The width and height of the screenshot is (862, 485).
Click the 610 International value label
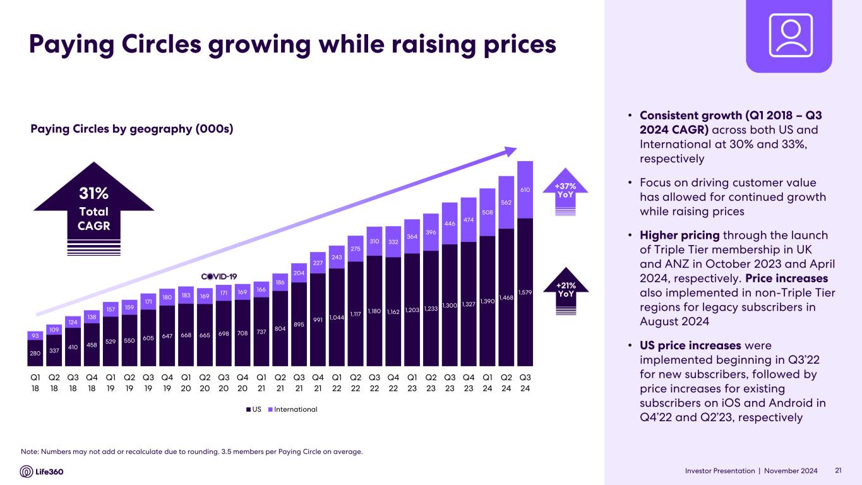(x=525, y=189)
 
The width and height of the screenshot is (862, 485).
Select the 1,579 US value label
(x=525, y=292)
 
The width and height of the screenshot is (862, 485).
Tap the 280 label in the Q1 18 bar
(x=35, y=353)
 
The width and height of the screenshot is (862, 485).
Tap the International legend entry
(x=296, y=409)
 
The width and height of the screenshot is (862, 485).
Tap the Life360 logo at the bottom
(x=42, y=471)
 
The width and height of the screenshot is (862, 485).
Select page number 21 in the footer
(x=839, y=470)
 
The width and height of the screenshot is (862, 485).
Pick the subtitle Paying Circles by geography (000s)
(x=133, y=129)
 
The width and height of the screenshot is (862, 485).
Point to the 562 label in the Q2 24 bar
(x=506, y=203)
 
